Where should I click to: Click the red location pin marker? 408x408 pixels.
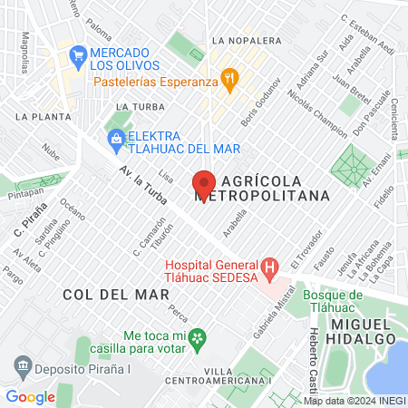coord(204,184)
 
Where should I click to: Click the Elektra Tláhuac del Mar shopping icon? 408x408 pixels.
coord(115,138)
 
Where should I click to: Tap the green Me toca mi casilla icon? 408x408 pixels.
coord(201,338)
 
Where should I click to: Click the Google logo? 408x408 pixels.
coord(30,396)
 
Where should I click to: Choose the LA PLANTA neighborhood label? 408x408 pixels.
coord(38,117)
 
